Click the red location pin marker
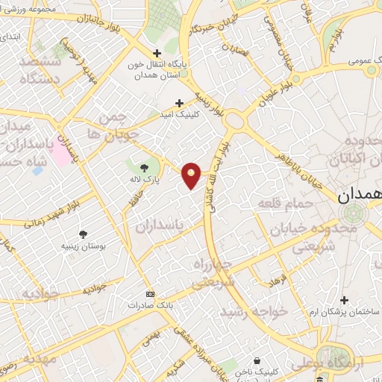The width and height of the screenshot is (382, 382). tap(192, 175)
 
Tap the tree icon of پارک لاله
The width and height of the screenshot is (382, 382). tap(144, 166)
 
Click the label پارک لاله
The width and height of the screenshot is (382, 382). tap(145, 181)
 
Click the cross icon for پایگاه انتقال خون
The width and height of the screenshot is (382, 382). tap(156, 53)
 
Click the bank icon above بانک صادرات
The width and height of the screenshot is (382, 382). tap(150, 294)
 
